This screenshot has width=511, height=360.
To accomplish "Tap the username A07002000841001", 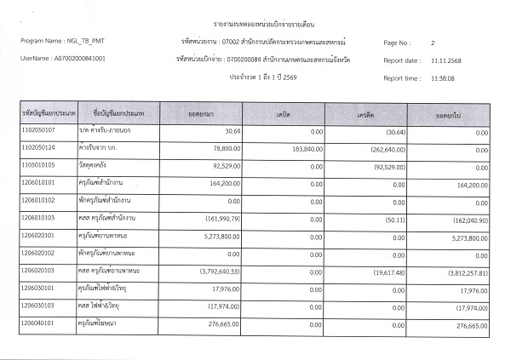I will (x=79, y=58).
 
